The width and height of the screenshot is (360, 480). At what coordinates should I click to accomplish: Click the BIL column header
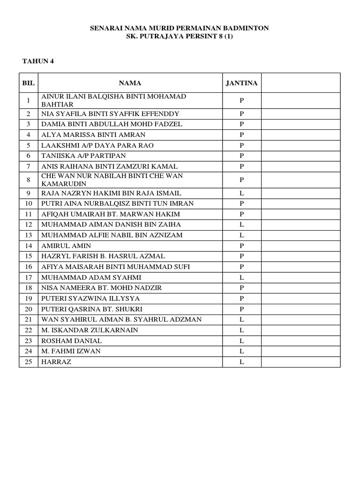click(28, 83)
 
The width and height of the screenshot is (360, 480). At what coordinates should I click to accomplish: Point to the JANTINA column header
click(241, 83)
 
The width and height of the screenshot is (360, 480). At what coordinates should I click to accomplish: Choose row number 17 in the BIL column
click(28, 277)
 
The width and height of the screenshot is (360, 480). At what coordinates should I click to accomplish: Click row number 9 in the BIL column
click(28, 193)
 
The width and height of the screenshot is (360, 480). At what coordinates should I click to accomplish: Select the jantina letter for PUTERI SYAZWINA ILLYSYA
click(242, 299)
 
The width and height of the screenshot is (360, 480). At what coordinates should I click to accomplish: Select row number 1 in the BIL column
click(28, 100)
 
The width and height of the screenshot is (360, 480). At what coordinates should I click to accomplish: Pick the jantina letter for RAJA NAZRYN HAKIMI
click(242, 193)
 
